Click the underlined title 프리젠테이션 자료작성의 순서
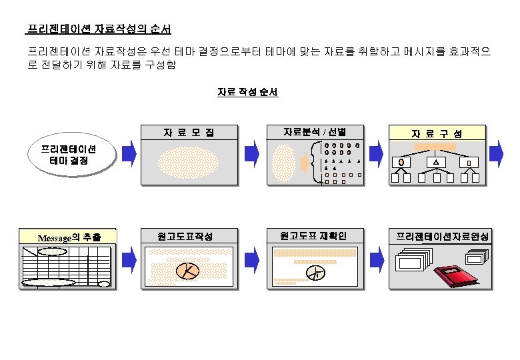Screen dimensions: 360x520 pyautogui.click(x=99, y=29)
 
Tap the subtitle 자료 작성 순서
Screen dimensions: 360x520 pyautogui.click(x=247, y=92)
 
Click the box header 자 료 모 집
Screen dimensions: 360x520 pyautogui.click(x=189, y=132)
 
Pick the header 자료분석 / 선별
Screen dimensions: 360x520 pyautogui.click(x=314, y=131)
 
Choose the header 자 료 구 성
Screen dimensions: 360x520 pyautogui.click(x=437, y=133)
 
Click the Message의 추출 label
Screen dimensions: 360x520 pyautogui.click(x=69, y=237)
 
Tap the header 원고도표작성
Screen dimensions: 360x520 pyautogui.click(x=189, y=236)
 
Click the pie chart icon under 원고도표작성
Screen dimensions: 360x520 pyautogui.click(x=188, y=270)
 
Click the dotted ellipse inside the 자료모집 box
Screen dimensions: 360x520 pyautogui.click(x=189, y=162)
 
